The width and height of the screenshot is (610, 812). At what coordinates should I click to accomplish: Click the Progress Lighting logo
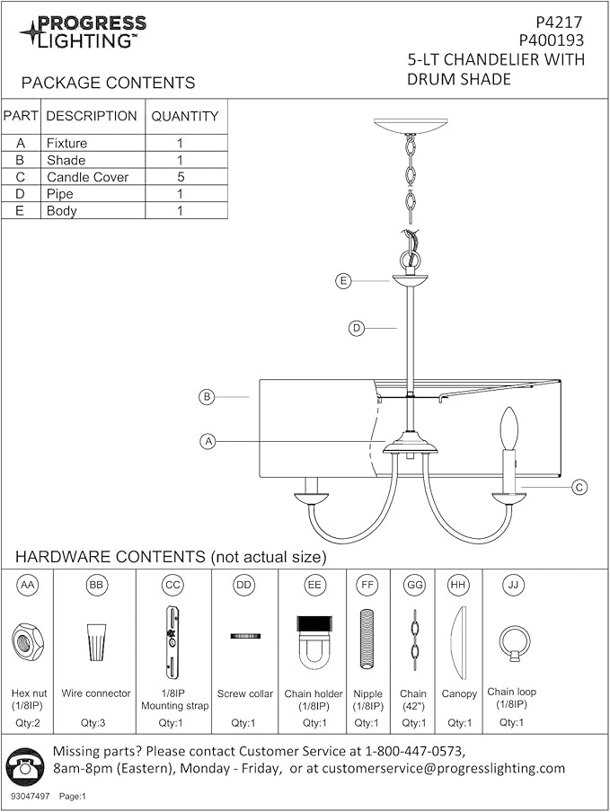click(83, 32)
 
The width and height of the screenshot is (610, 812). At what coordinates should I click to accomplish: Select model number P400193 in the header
click(551, 40)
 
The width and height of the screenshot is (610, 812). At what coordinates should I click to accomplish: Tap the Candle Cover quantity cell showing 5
click(181, 177)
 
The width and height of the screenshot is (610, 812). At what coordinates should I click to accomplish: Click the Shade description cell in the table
click(66, 160)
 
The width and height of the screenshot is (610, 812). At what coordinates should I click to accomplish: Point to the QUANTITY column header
click(185, 116)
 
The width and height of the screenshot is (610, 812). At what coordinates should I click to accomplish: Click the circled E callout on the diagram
click(343, 281)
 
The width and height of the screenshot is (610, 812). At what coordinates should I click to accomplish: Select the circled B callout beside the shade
click(207, 397)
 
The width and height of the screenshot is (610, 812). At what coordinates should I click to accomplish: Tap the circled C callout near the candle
click(579, 487)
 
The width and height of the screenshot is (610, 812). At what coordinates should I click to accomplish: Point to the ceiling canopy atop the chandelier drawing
click(411, 126)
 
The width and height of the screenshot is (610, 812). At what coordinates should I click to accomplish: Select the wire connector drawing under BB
click(96, 641)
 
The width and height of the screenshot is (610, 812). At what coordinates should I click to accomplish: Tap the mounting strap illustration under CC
click(172, 642)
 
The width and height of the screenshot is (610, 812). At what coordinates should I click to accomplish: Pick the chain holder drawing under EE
click(314, 641)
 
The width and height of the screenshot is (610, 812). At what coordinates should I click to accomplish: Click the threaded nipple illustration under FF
click(367, 639)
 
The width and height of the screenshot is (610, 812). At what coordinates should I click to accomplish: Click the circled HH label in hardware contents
click(458, 585)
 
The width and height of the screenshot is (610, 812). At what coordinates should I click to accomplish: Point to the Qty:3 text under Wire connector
click(93, 723)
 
